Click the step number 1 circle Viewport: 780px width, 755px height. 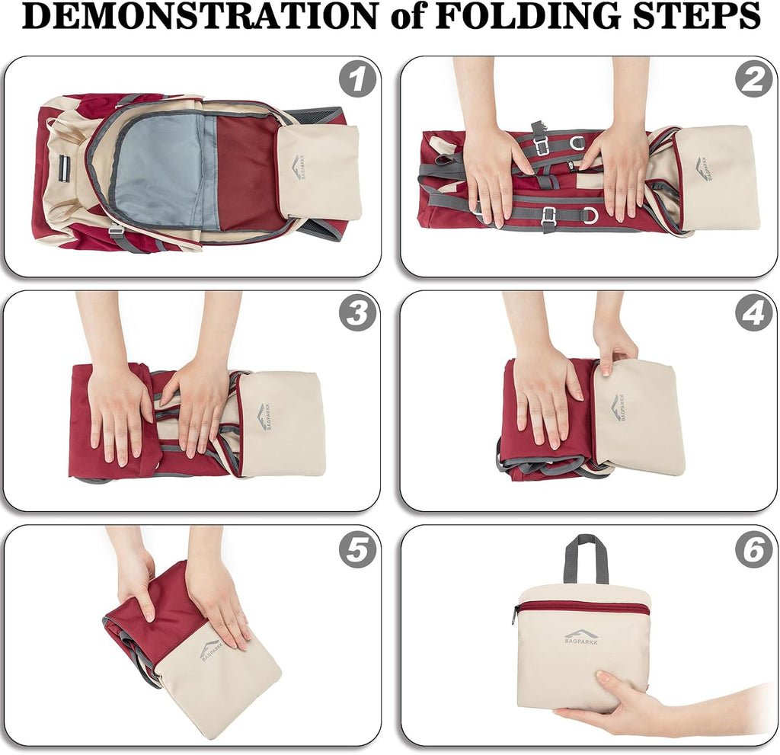coord(357,80)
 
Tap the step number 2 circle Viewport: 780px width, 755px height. coord(754,80)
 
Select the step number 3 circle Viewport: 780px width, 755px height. coord(357,314)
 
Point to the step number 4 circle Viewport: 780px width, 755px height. coord(754,314)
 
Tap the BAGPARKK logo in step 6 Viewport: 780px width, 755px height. coord(581,637)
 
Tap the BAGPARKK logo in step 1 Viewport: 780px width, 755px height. coord(299,168)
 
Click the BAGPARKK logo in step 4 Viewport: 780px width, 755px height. coord(617,407)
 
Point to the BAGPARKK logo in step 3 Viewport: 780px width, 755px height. coord(264,417)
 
